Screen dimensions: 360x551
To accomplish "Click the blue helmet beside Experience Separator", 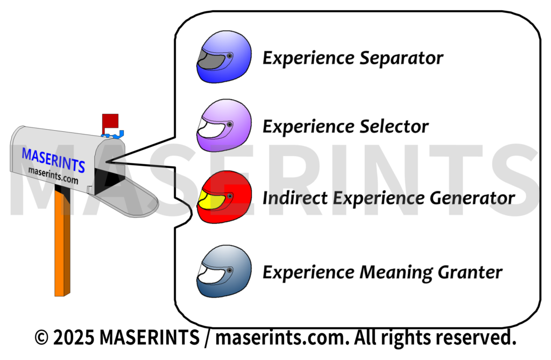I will click(x=224, y=57).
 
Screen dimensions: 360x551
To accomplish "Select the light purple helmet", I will click(x=224, y=126).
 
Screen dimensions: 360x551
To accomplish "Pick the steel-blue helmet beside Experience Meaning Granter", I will click(x=224, y=272).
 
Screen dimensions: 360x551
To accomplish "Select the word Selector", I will click(x=393, y=127).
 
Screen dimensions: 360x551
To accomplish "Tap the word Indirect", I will click(x=295, y=198).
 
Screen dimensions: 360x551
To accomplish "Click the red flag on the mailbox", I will click(x=110, y=121).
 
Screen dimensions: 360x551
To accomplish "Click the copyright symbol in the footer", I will click(x=41, y=338).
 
